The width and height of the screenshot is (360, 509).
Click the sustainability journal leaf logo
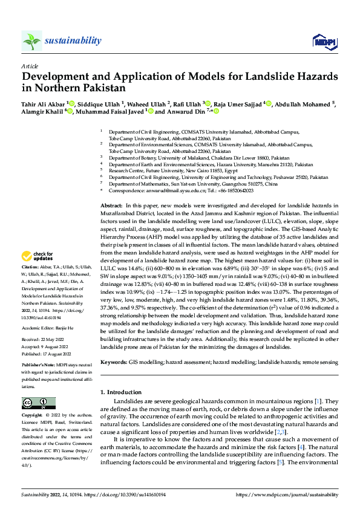click(x=31, y=41)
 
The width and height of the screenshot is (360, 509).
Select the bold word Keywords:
click(x=114, y=361)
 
